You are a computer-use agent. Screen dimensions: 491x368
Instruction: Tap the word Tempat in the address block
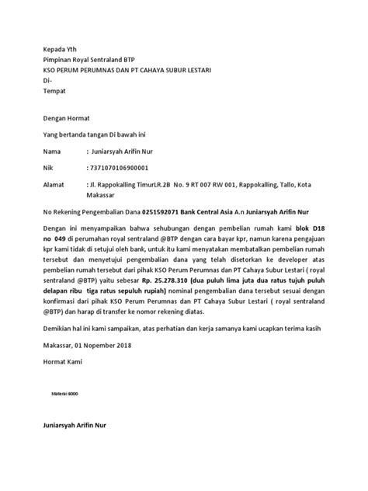56,92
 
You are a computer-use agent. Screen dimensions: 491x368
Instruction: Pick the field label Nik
47,169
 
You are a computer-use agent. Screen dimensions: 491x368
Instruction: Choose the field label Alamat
54,187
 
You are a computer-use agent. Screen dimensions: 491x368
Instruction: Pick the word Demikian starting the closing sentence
58,349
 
